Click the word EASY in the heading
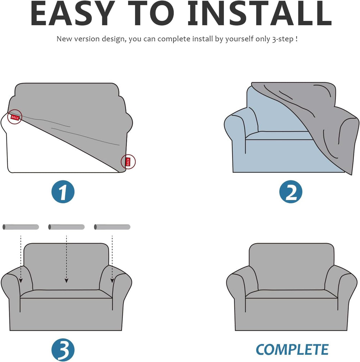tap(72, 13)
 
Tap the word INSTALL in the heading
tap(260, 13)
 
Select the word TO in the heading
tap(151, 13)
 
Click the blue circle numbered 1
tap(63, 192)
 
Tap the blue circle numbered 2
tap(291, 192)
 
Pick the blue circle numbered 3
tap(63, 350)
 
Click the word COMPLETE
tap(292, 349)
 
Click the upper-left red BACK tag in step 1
tap(15, 117)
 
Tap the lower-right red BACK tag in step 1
tap(128, 162)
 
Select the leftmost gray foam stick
tap(21, 227)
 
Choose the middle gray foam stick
tap(67, 227)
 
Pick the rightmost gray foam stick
tap(112, 227)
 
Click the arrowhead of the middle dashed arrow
tap(67, 281)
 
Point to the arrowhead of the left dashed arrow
tap(21, 281)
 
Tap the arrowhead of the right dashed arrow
tap(112, 281)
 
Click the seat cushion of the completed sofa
tap(292, 294)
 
